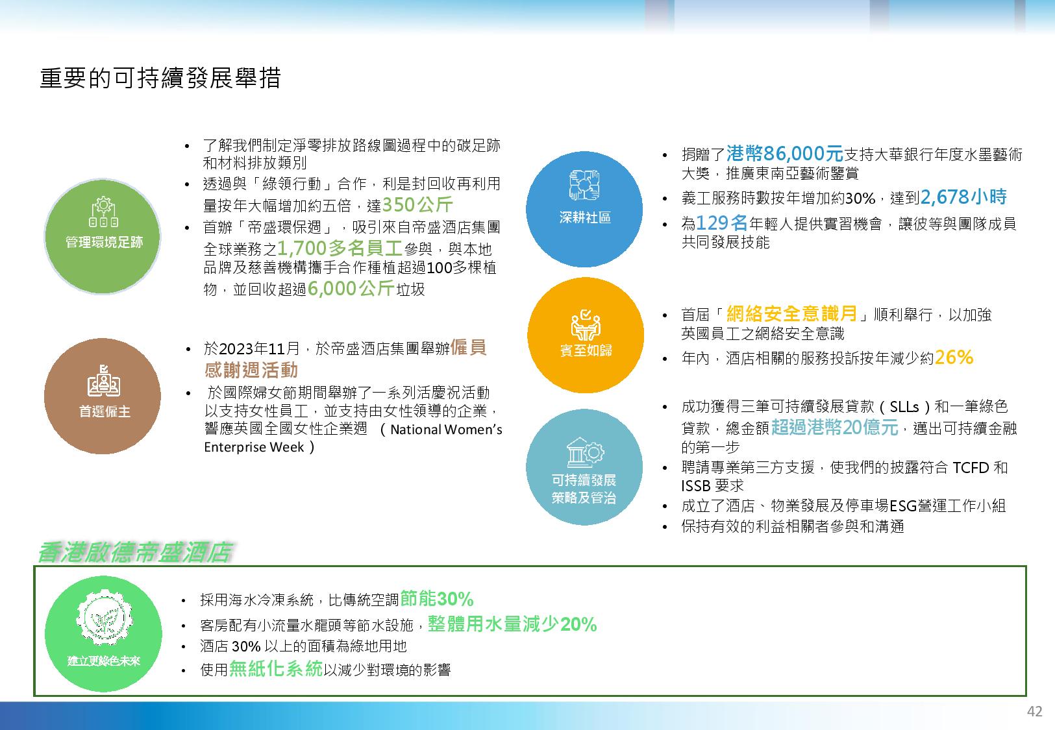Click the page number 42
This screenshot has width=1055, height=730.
(x=1034, y=711)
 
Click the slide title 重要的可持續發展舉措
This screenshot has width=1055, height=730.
(x=160, y=78)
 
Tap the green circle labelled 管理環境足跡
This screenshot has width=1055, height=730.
(x=103, y=236)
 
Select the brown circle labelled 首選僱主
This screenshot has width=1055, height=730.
(x=103, y=396)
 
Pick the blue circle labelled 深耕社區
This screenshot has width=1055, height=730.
(x=584, y=209)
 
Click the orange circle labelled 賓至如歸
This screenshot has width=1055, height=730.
(x=586, y=335)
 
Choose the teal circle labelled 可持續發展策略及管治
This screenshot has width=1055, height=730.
(x=584, y=467)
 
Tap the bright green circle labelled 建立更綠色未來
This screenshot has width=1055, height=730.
(x=104, y=634)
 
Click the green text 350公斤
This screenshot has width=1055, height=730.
(x=417, y=204)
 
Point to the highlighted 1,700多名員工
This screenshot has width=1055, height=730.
(x=340, y=248)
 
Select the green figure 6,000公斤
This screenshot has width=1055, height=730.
(x=351, y=288)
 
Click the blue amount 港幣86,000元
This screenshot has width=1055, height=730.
(x=785, y=153)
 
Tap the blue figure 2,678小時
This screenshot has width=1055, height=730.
(x=963, y=197)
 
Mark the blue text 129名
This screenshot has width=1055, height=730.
(x=722, y=223)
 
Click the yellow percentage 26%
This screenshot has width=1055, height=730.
(x=954, y=358)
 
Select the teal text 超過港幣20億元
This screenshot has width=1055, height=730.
(x=834, y=427)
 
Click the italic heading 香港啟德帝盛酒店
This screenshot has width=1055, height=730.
(x=136, y=552)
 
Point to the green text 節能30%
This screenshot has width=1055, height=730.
(x=436, y=599)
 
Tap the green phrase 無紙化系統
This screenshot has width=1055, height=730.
(x=276, y=668)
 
